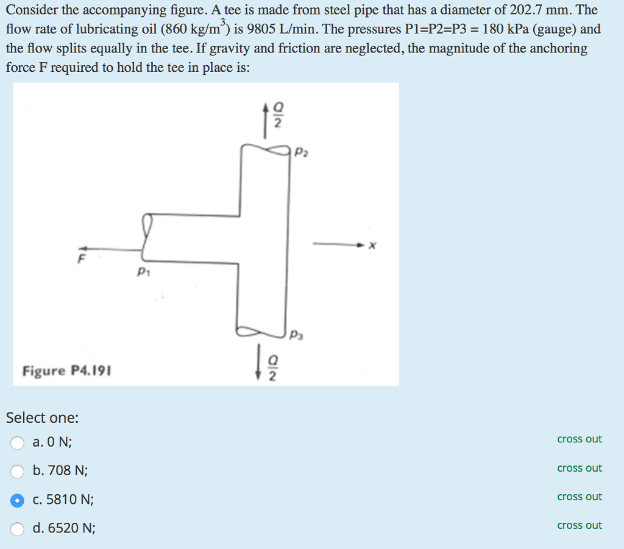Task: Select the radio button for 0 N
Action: [17, 442]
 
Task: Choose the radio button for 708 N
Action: [17, 471]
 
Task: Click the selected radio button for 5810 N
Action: [17, 500]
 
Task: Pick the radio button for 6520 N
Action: [17, 529]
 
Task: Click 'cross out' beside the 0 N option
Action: [580, 439]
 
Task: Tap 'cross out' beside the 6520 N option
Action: [580, 525]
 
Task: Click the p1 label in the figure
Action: [143, 272]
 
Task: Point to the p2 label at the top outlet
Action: [301, 152]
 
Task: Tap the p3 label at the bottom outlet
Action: [297, 335]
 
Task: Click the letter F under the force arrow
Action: [81, 259]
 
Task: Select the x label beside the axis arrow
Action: [372, 245]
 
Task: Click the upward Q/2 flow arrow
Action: [265, 121]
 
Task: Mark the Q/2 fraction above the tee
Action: [278, 115]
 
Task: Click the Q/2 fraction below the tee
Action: [272, 368]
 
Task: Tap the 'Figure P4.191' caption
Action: [67, 371]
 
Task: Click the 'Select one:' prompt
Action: [42, 418]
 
